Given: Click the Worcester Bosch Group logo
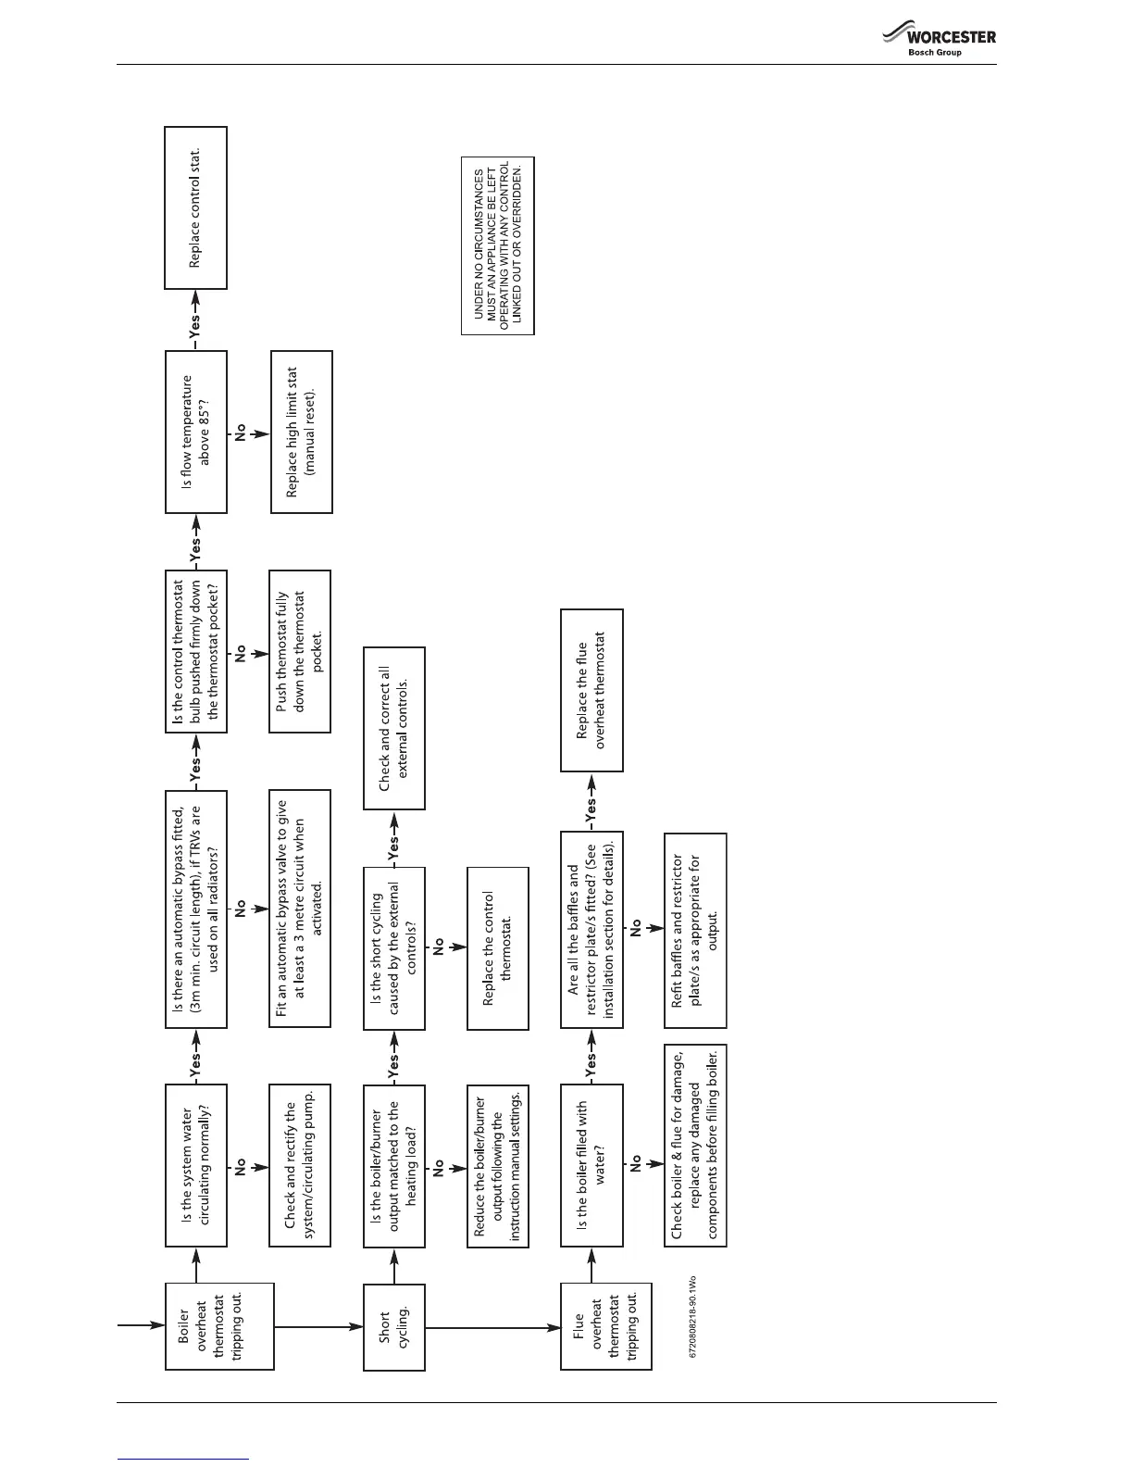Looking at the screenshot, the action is pyautogui.click(x=939, y=42).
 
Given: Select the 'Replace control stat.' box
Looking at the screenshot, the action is pyautogui.click(x=195, y=207).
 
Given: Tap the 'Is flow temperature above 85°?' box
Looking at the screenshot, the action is pyautogui.click(x=195, y=432).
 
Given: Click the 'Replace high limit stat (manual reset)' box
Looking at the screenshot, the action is pyautogui.click(x=301, y=432).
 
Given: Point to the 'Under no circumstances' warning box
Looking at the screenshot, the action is pyautogui.click(x=498, y=245).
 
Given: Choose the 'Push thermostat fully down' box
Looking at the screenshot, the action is pyautogui.click(x=300, y=651).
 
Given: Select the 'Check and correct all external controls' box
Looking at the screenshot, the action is pyautogui.click(x=393, y=728).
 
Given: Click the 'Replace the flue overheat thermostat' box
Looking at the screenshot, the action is pyautogui.click(x=591, y=690).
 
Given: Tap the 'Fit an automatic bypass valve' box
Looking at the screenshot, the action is pyautogui.click(x=300, y=908).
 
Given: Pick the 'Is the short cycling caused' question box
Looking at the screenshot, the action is pyautogui.click(x=393, y=947).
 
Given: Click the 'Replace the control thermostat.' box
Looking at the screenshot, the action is pyautogui.click(x=498, y=947).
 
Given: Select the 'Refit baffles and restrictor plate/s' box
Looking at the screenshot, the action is pyautogui.click(x=695, y=930).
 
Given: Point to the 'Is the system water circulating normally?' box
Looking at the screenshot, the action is pyautogui.click(x=195, y=1165).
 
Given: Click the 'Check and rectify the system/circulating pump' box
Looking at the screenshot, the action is pyautogui.click(x=300, y=1165).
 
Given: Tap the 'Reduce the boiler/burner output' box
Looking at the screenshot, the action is pyautogui.click(x=498, y=1165).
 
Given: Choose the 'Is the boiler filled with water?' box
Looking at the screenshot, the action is pyautogui.click(x=591, y=1165).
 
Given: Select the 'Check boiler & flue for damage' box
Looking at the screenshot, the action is pyautogui.click(x=695, y=1145).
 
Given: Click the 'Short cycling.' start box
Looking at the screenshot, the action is pyautogui.click(x=393, y=1326).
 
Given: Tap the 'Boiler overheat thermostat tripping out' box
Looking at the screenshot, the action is pyautogui.click(x=218, y=1326).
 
